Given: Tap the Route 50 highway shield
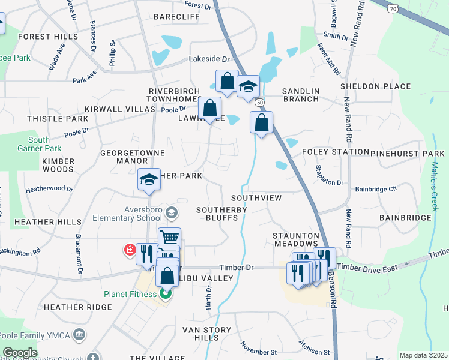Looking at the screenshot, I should (259, 103).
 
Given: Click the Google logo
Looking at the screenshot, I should (20, 353).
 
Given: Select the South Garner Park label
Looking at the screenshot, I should (47, 144).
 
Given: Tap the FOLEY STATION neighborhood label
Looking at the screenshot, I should (335, 152).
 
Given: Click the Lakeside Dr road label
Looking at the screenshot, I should (209, 59).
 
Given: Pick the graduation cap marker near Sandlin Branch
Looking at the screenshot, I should (247, 86).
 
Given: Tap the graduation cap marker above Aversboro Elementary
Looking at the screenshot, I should (149, 179).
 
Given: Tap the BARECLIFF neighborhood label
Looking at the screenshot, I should (176, 17).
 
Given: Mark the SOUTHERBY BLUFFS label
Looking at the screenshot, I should (222, 214).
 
